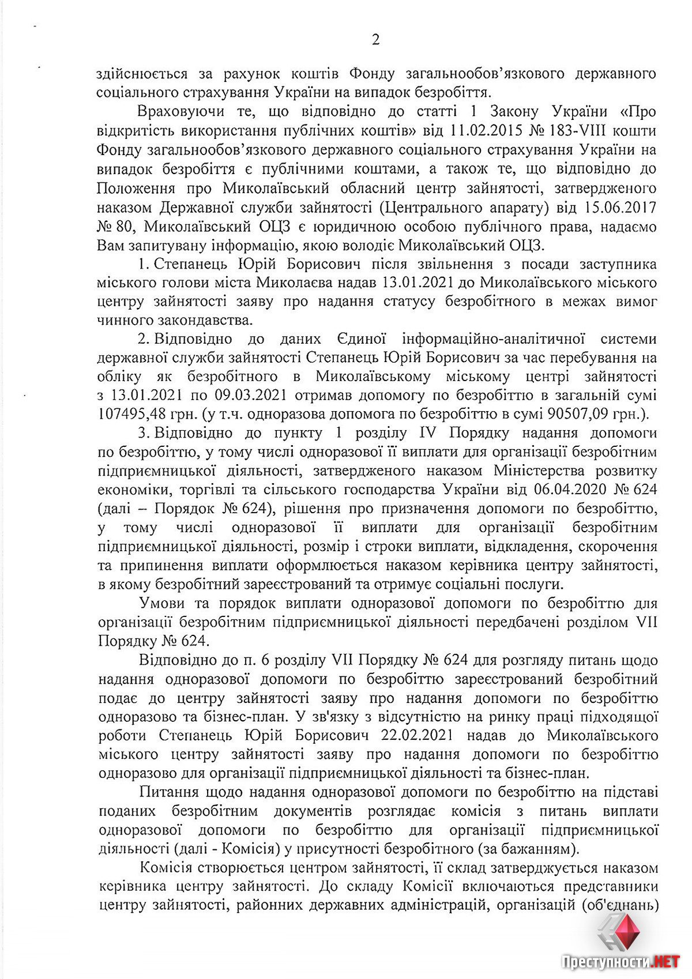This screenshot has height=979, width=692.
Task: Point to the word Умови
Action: pyautogui.click(x=162, y=604)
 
